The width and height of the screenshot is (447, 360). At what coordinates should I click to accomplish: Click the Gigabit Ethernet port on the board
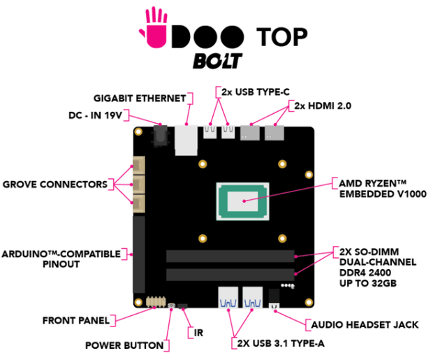(x=186, y=138)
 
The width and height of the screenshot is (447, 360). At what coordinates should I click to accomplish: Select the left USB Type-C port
(x=210, y=131)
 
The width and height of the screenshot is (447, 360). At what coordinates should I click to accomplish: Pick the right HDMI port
(x=274, y=133)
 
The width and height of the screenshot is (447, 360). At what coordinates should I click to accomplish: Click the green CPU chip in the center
(x=242, y=202)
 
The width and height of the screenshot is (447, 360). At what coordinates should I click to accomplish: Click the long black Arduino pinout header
(x=138, y=254)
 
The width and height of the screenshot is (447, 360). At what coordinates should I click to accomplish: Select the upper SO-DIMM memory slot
(x=230, y=256)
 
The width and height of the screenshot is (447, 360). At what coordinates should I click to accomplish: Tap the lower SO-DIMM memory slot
(x=230, y=274)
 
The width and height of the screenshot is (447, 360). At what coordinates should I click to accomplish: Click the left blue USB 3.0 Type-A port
(x=228, y=299)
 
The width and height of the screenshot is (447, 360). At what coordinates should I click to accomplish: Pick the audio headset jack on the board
(x=274, y=298)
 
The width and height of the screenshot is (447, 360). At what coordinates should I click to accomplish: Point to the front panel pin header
(x=156, y=301)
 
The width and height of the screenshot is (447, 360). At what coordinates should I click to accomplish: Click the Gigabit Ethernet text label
(x=139, y=96)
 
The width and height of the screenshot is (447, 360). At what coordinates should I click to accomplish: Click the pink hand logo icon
(x=154, y=27)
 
